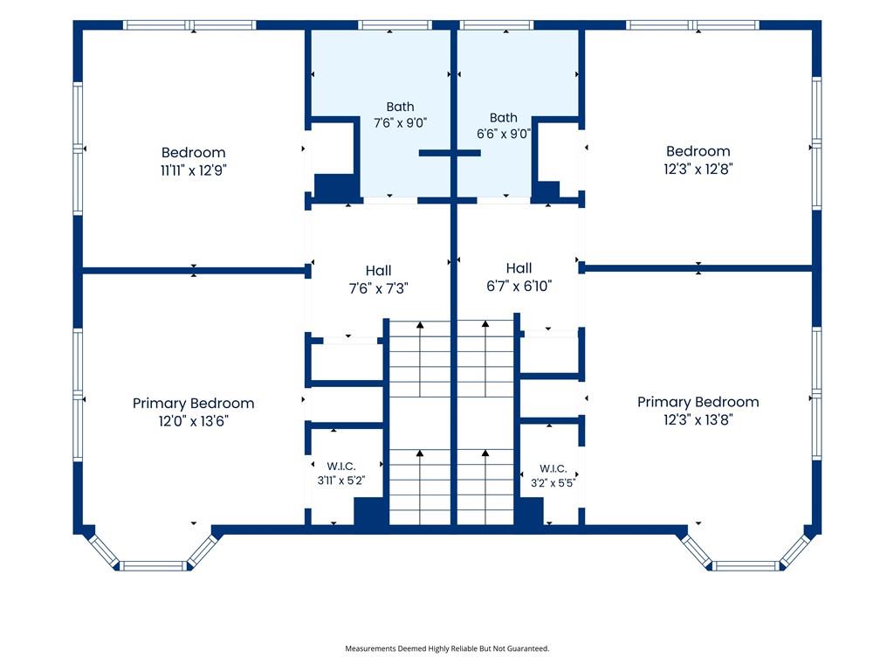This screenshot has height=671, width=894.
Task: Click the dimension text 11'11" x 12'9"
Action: (193, 170)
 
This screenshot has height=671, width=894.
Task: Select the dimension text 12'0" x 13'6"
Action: (193, 421)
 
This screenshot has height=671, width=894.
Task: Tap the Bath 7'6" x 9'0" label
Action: (400, 114)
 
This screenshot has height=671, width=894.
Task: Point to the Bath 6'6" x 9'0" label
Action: (504, 126)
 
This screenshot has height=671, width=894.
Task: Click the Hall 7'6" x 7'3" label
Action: (379, 280)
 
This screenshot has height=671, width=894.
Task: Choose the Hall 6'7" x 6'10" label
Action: (519, 277)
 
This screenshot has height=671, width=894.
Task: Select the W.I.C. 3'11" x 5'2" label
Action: (341, 474)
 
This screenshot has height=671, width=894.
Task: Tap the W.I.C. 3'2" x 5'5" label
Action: (553, 476)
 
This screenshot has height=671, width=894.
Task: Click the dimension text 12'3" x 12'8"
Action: (698, 169)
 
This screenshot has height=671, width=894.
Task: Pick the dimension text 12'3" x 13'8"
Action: (698, 420)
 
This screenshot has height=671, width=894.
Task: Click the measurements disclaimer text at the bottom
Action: (447, 648)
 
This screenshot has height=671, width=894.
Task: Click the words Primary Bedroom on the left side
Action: (193, 404)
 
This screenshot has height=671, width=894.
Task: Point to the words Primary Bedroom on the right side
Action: (698, 402)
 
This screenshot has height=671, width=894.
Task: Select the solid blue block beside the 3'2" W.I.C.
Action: (529, 511)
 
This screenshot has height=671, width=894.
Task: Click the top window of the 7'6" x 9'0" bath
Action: (395, 25)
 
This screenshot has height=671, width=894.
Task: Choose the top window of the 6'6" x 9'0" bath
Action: (496, 25)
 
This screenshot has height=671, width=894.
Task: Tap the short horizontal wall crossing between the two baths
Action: (450, 153)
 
